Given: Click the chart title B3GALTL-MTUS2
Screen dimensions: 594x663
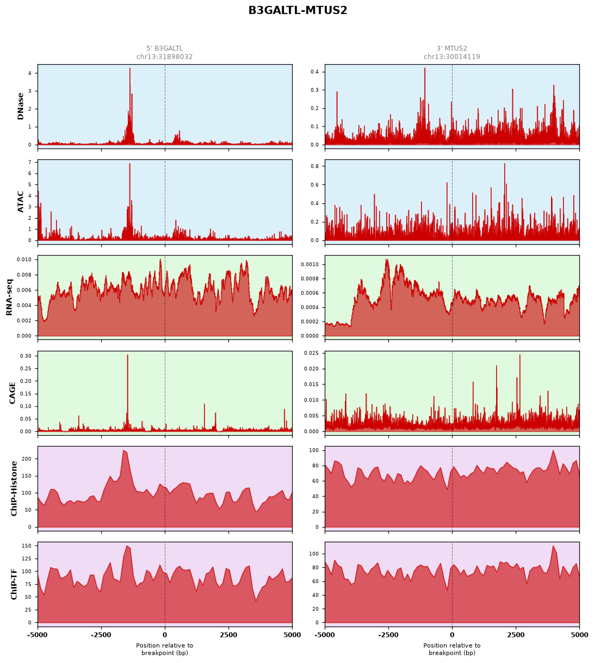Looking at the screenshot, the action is coord(298,10).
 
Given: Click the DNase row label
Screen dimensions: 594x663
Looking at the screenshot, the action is coord(21,107).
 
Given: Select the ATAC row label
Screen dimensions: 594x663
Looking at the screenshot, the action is coord(21,202).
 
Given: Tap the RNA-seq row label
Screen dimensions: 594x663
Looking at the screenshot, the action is coord(9,297).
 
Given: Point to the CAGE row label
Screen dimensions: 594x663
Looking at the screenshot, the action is coord(13,393).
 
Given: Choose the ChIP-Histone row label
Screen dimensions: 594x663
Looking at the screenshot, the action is coord(14,488).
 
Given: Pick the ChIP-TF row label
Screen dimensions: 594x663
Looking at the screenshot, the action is coord(14,585).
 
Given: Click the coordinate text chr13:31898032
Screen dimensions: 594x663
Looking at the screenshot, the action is coord(165,57).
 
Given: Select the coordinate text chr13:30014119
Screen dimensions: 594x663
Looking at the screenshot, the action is coord(451,57).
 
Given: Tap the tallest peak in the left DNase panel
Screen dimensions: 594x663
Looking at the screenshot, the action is coord(130,68).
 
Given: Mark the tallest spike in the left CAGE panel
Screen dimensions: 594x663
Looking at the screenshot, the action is coord(128,355).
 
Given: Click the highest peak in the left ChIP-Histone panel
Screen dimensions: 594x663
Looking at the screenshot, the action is coord(123,451).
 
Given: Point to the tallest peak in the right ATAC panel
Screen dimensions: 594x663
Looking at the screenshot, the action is coord(505,164).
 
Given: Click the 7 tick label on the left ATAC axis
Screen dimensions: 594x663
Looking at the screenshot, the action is coord(30,162).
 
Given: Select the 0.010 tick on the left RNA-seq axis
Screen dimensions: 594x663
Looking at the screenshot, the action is coord(24,259).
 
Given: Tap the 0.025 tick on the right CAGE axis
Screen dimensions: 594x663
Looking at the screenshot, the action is coord(312,353).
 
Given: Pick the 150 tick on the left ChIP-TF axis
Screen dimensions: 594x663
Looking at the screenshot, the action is coord(27,546).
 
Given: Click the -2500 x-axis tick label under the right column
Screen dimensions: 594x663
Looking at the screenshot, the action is coord(388,635).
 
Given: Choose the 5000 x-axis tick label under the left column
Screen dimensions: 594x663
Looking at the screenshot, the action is coord(292,635).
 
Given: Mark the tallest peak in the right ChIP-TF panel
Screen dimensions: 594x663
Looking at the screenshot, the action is coord(553,546).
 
